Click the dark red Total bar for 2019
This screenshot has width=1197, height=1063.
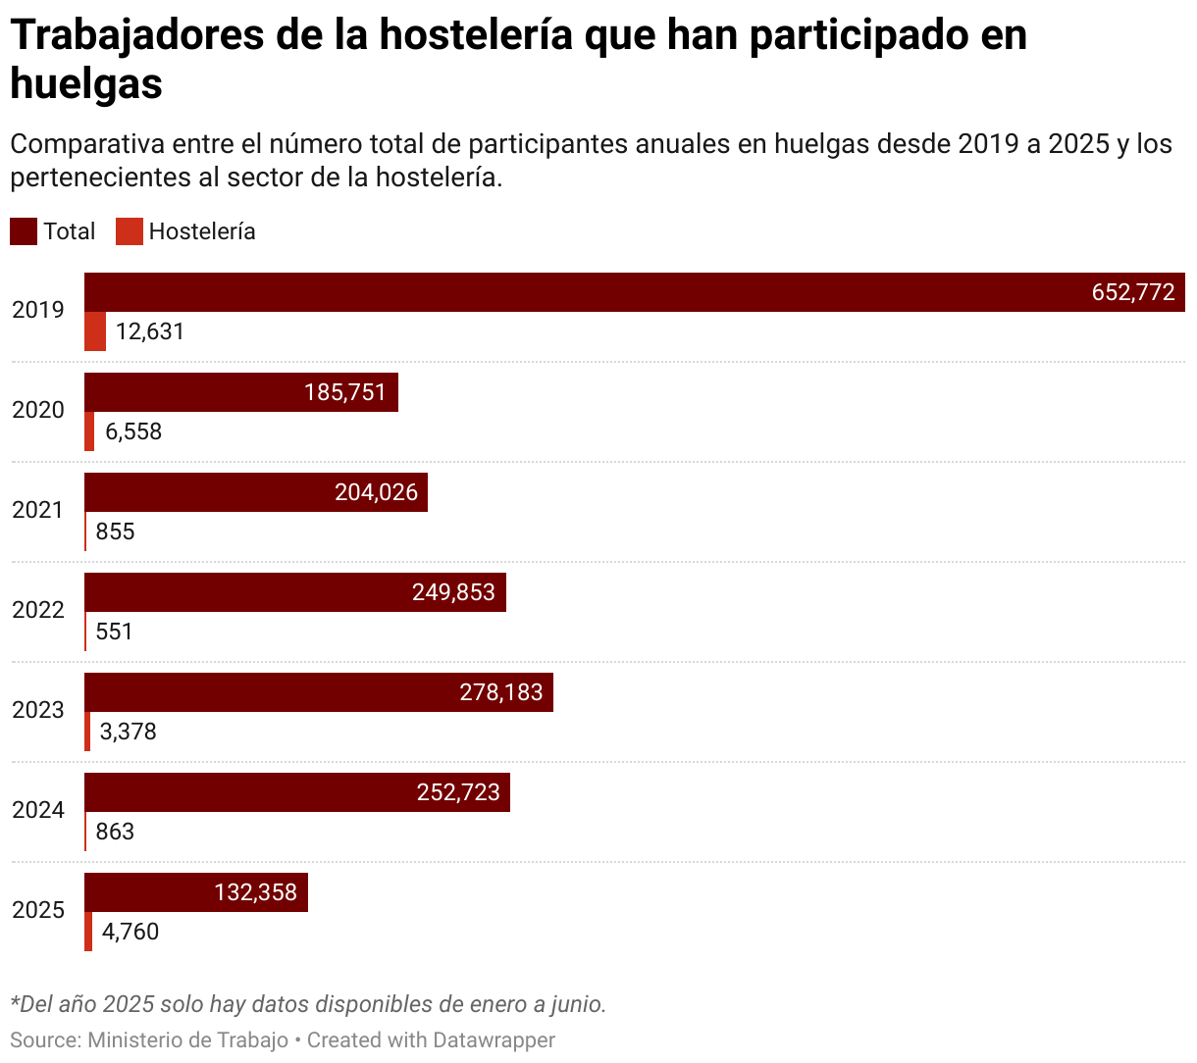(x=589, y=292)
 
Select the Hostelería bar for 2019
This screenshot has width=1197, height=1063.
(x=95, y=331)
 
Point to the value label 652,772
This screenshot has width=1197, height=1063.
(x=1133, y=292)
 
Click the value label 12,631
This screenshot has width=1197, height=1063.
(x=150, y=331)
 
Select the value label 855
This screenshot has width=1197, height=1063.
(x=115, y=531)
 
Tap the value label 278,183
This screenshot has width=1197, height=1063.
(x=500, y=692)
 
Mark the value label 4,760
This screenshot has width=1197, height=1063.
(x=130, y=932)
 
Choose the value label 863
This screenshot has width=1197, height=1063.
(x=115, y=832)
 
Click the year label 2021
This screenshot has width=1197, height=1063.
(x=38, y=510)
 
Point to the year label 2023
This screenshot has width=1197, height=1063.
(x=38, y=710)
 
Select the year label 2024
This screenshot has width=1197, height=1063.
(x=38, y=810)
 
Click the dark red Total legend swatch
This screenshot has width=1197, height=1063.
(x=24, y=231)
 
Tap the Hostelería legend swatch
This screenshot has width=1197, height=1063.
(x=130, y=231)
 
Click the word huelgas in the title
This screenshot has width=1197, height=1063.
(x=86, y=84)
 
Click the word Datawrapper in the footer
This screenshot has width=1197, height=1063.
(x=494, y=1039)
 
